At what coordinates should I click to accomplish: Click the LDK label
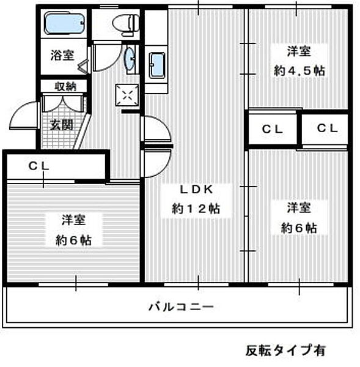(x=195, y=188)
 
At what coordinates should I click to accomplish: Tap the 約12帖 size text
(x=195, y=209)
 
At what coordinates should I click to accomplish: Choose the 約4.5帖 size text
(x=299, y=71)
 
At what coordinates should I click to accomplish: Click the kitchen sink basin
(x=157, y=65)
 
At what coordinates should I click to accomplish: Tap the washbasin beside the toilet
(x=130, y=59)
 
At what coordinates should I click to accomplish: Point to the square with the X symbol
(x=127, y=95)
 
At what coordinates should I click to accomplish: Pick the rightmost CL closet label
(x=328, y=129)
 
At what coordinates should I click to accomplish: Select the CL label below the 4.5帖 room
(x=273, y=129)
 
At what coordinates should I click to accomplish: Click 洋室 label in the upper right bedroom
(x=299, y=51)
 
